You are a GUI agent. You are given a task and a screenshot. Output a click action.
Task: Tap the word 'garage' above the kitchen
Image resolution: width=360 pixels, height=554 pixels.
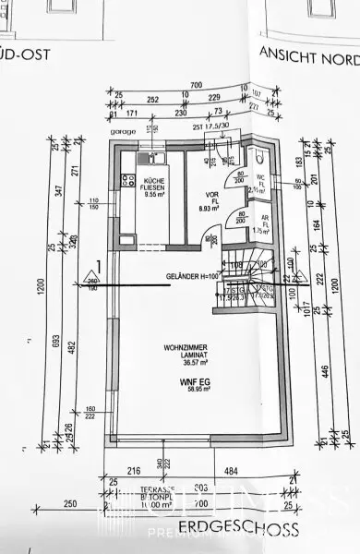point(126,132)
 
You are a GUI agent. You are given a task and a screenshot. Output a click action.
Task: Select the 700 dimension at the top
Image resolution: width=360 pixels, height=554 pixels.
point(196,85)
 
